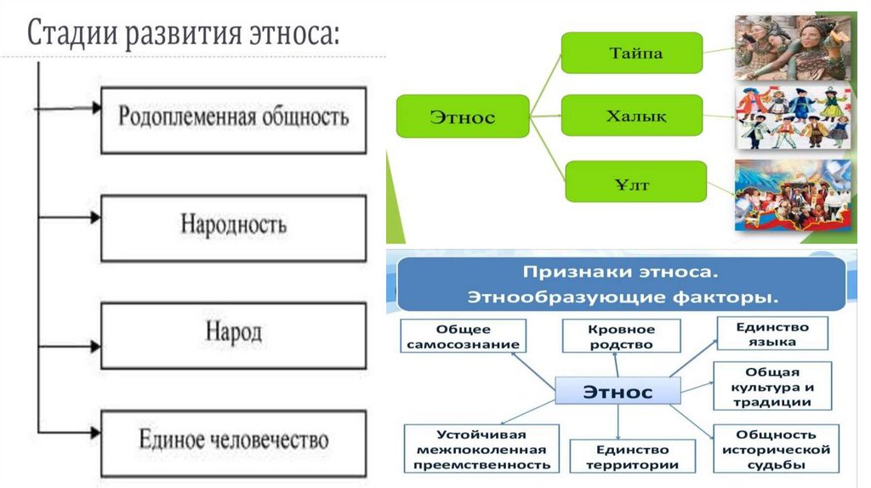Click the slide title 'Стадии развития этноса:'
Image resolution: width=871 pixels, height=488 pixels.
[184, 35]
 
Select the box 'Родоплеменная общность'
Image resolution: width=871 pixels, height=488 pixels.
[233, 118]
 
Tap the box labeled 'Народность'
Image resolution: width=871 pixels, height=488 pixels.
[233, 226]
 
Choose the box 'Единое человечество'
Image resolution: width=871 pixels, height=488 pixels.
[233, 440]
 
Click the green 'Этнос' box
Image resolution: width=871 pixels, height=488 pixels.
[462, 116]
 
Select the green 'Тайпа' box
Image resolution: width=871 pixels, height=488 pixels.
[632, 53]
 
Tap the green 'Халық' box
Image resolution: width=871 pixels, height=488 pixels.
[632, 116]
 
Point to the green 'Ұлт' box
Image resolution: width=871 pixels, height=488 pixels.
[632, 180]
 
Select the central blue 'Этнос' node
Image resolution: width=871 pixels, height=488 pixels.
[618, 391]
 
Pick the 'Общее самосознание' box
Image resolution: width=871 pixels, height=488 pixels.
[463, 336]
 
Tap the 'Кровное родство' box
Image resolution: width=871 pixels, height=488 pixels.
[621, 336]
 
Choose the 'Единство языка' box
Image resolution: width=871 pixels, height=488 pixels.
[773, 333]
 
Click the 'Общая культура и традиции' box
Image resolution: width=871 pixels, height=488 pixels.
[771, 386]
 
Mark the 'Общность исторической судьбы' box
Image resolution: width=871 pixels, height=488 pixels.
[771, 448]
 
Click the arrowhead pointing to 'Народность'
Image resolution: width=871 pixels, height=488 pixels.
[95, 218]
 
